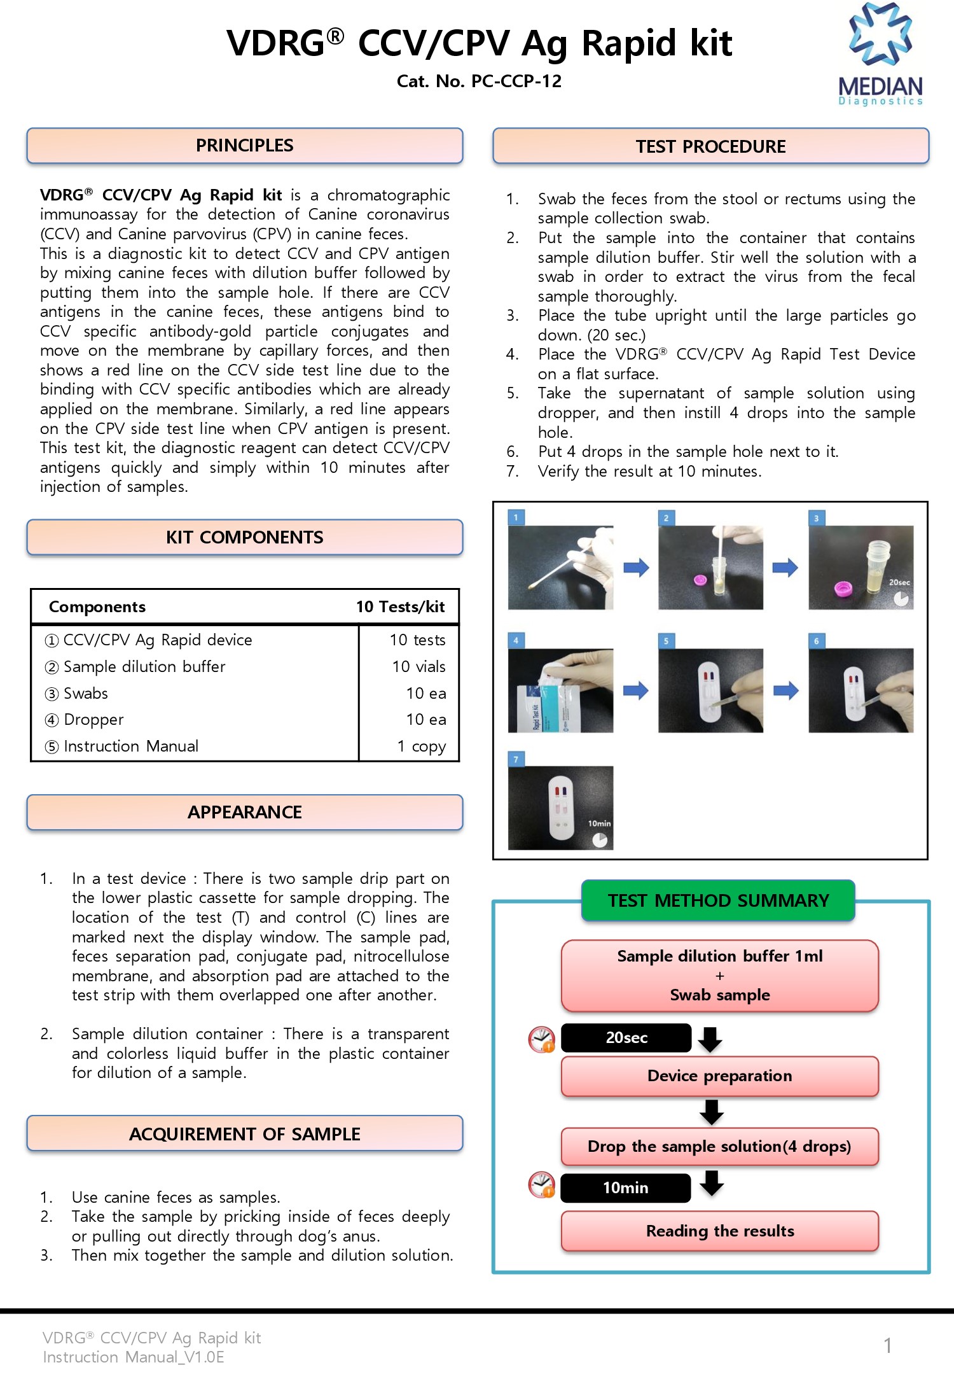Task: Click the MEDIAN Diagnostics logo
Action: pos(881,53)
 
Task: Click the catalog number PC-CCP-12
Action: pos(516,81)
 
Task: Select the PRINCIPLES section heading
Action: pos(245,146)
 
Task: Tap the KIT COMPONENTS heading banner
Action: pos(245,538)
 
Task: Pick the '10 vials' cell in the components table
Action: pos(418,666)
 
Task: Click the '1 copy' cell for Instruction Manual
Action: pos(421,746)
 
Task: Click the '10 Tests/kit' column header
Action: pos(401,606)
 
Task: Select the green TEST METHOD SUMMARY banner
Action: pos(718,900)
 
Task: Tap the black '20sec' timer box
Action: pos(626,1038)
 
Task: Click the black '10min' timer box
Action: pos(626,1188)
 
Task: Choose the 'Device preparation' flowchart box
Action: pos(720,1076)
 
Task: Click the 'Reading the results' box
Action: pos(720,1231)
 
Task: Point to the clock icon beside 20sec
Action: pos(542,1039)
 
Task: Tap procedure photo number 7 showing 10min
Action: pos(560,808)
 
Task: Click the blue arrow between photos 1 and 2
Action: pos(636,567)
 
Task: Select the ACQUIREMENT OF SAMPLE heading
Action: pos(245,1134)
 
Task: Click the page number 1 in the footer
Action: pos(887,1345)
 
